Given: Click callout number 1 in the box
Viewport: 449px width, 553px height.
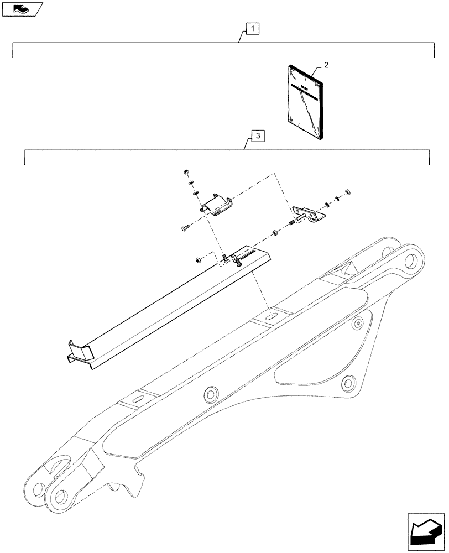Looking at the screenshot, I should (x=252, y=28).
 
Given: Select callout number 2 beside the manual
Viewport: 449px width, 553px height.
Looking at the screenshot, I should (x=326, y=65).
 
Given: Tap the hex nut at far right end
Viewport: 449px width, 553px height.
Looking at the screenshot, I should (x=347, y=192).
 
